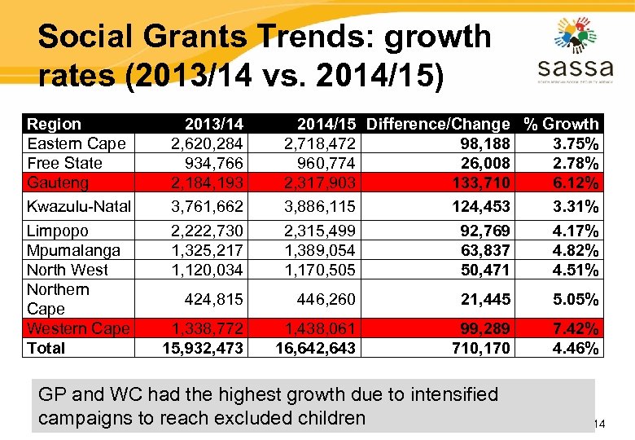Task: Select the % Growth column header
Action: pos(562,124)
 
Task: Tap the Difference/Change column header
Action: pos(438,124)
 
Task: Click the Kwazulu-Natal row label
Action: pos(78,206)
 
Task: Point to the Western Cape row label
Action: pos(77,328)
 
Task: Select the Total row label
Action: pos(46,348)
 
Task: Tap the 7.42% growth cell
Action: pos(576,328)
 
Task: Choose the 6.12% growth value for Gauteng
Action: pos(576,183)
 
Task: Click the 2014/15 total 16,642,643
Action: pos(315,348)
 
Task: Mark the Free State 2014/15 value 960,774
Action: pos(325,163)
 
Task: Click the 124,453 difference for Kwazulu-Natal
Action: pos(480,206)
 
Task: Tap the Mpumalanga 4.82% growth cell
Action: pos(576,250)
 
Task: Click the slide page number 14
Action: pos(599,424)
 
